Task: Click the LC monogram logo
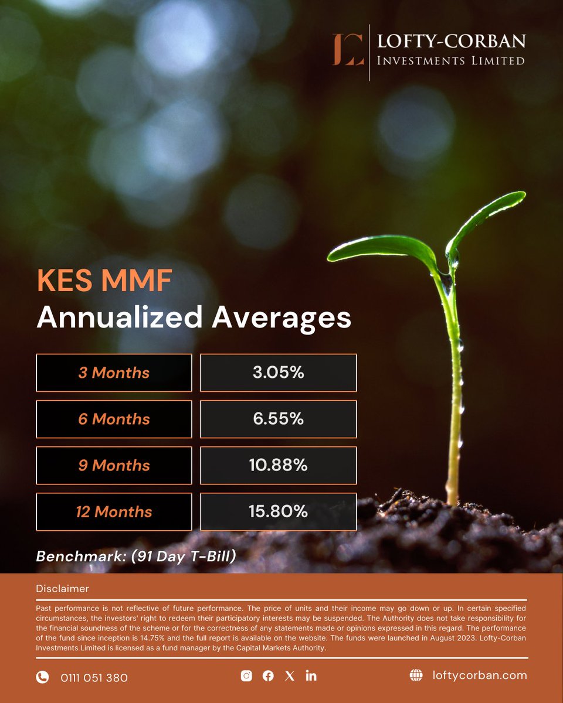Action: point(348,50)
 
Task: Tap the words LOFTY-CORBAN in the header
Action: point(451,42)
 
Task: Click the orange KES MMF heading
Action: point(104,281)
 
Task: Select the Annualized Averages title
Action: point(194,318)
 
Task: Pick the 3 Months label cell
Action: point(114,373)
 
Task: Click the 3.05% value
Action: point(278,373)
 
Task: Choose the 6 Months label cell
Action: point(114,419)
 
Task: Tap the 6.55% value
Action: point(278,419)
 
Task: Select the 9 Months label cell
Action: point(114,465)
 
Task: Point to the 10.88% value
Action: point(278,465)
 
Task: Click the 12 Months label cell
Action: point(114,511)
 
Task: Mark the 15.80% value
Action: point(278,511)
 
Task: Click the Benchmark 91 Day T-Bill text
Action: point(136,556)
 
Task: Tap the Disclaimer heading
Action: point(62,588)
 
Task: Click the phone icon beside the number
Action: point(42,677)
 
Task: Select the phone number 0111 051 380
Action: point(94,678)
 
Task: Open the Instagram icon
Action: point(246,676)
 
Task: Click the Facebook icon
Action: point(268,676)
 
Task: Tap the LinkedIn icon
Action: point(311,676)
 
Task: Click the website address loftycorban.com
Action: point(477,675)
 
